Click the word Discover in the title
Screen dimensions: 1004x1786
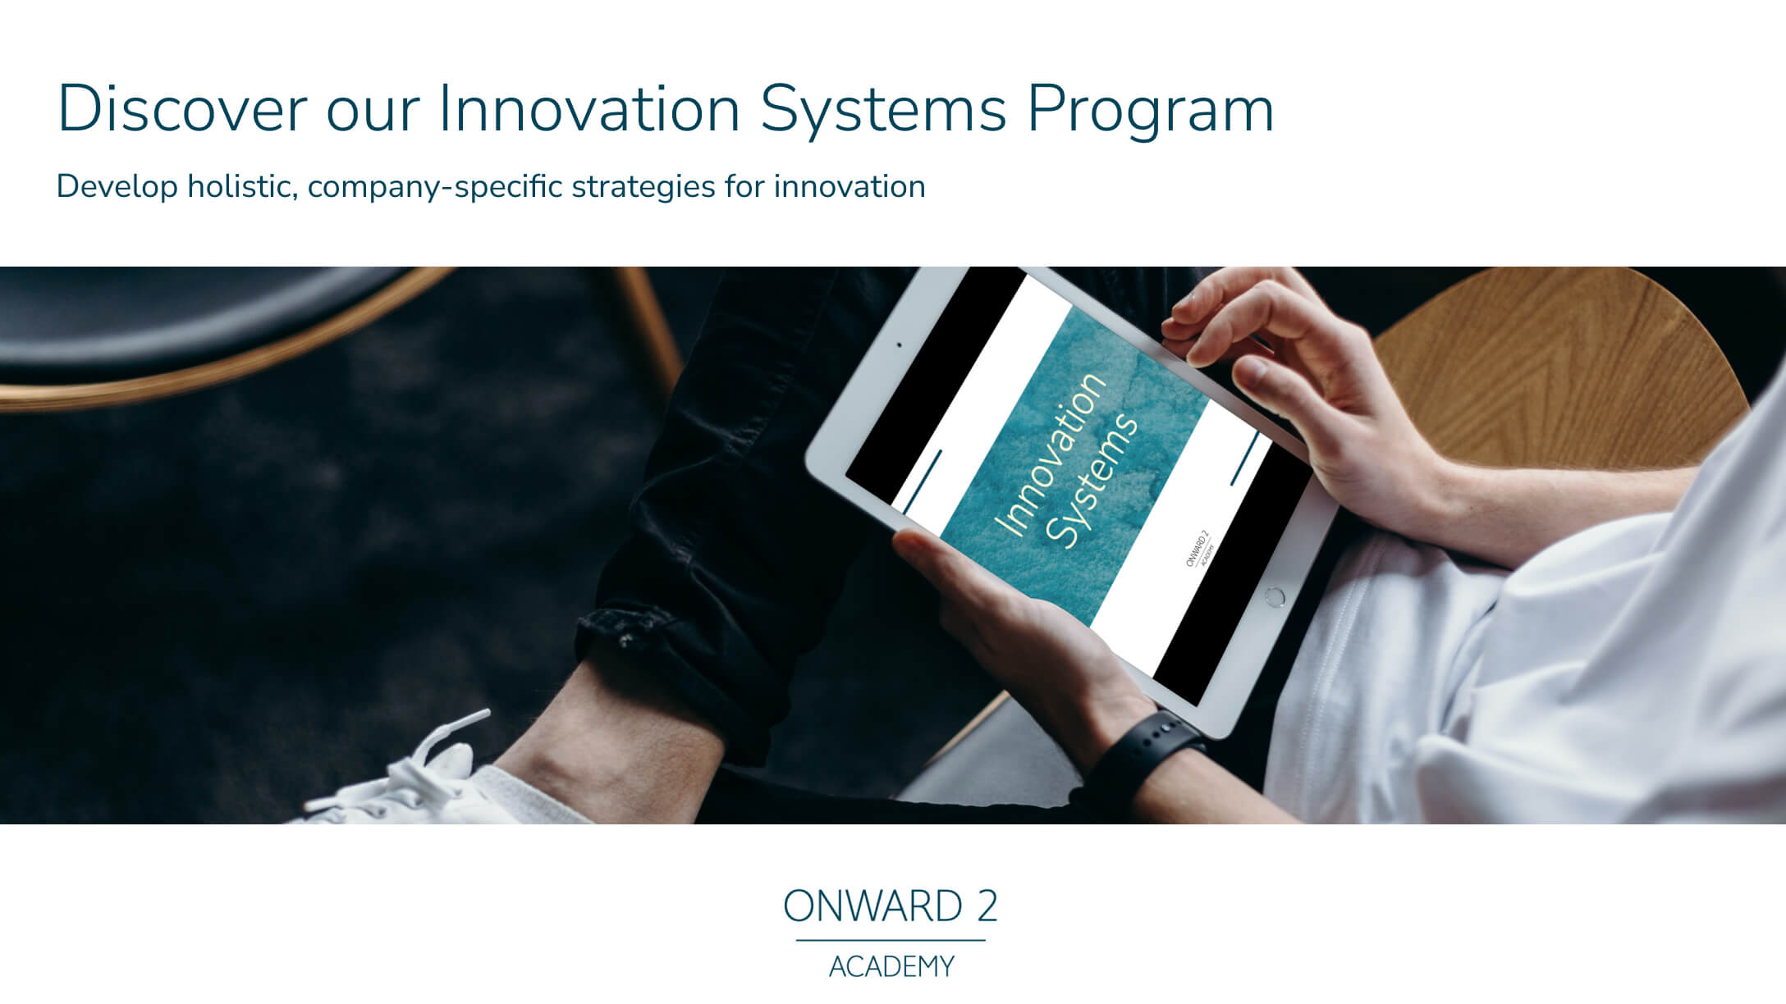181,109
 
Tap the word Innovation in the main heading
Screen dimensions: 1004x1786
588,109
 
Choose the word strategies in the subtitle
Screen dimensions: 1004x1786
643,188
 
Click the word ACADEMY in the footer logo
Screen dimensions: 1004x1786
891,967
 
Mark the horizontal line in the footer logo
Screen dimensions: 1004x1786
891,941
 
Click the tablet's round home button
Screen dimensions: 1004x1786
1275,596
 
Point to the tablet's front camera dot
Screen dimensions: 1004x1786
900,345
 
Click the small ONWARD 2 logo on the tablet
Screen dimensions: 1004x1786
1199,549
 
